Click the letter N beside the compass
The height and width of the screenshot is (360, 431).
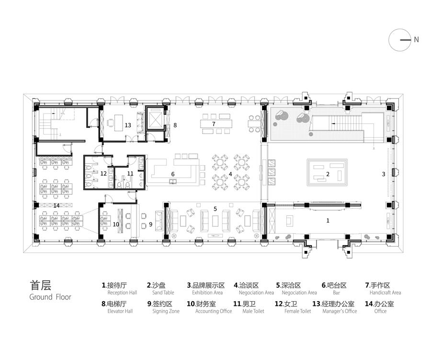[x=416, y=40]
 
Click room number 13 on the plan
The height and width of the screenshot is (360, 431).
[x=128, y=125]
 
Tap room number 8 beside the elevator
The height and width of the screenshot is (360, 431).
[x=175, y=125]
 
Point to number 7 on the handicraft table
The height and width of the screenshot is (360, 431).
[x=214, y=124]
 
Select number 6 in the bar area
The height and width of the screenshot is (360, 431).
[x=173, y=174]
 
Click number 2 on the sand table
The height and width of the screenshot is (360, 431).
[x=328, y=174]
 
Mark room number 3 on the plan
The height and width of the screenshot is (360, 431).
[x=384, y=174]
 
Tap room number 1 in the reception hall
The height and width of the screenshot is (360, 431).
[x=328, y=220]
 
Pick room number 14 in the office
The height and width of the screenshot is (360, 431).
[x=57, y=205]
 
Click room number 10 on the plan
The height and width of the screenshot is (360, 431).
[x=116, y=224]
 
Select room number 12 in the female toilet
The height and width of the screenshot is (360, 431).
[x=103, y=174]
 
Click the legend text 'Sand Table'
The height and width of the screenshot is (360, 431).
[x=163, y=292]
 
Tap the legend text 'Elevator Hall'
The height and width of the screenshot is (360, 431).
[x=120, y=311]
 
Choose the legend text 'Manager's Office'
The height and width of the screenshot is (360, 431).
[x=340, y=311]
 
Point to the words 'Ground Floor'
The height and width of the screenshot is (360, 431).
[x=50, y=297]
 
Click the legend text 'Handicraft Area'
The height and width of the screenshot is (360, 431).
[x=386, y=292]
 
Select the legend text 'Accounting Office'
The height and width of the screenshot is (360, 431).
[x=214, y=311]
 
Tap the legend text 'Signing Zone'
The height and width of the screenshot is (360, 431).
[x=166, y=311]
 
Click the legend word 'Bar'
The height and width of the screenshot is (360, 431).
[x=337, y=292]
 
